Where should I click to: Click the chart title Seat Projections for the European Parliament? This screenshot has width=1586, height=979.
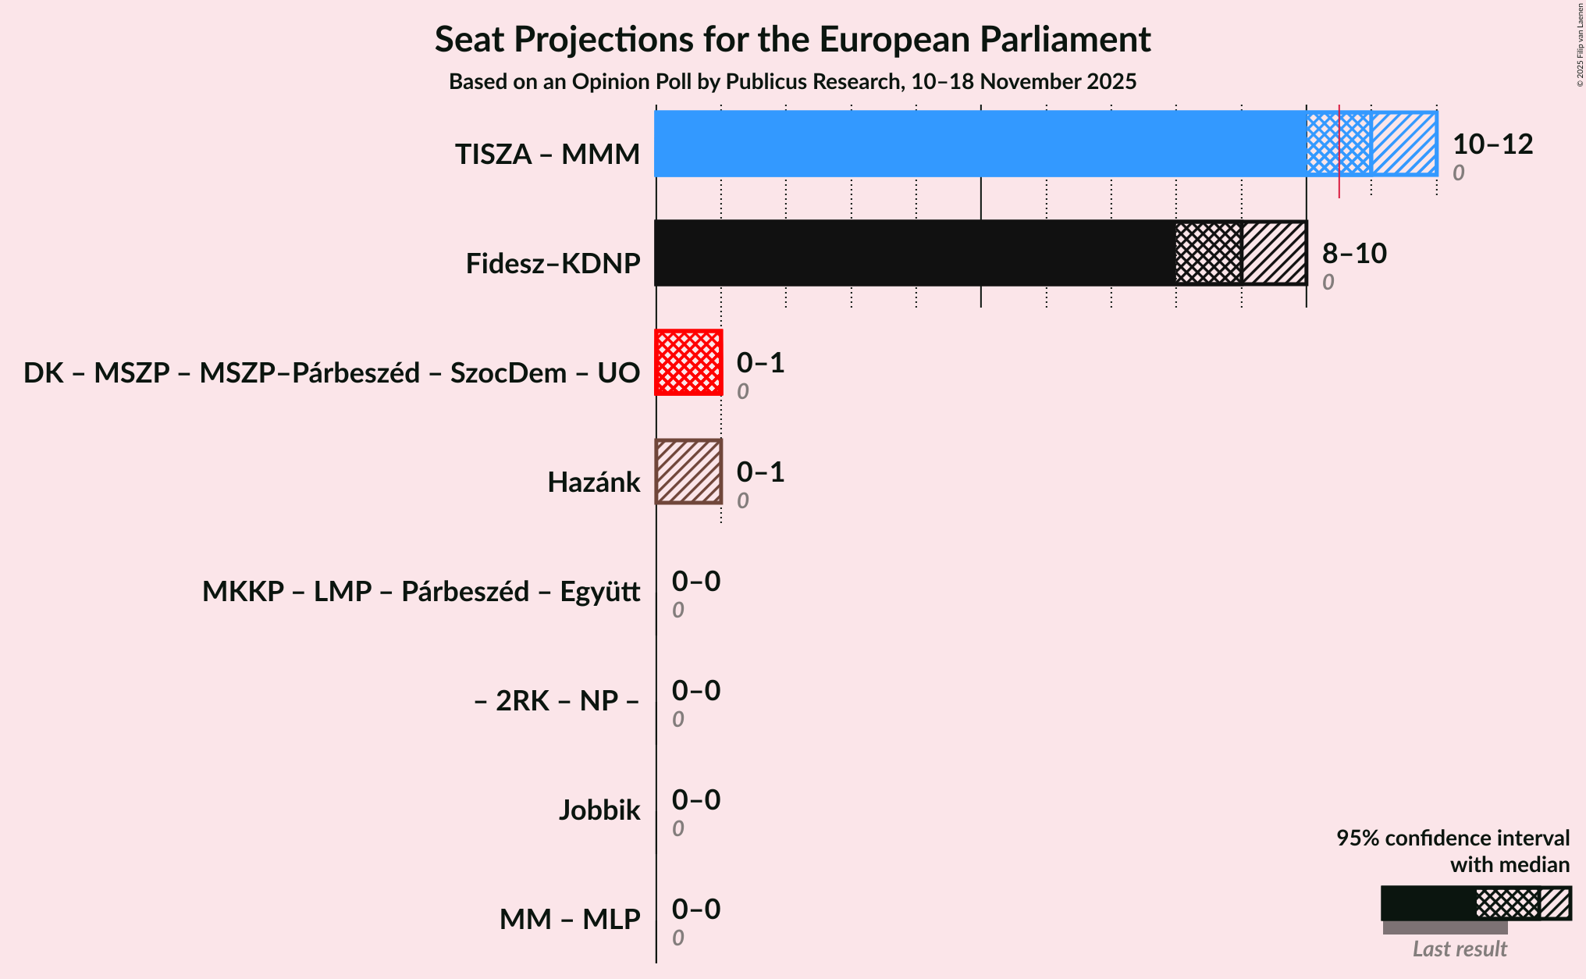point(792,39)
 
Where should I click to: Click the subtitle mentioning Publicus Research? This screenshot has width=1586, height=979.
point(792,82)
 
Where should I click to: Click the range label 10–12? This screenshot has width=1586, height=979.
point(1492,144)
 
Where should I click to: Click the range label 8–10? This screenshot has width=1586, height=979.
point(1354,254)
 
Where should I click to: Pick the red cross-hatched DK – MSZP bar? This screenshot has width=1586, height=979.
point(688,362)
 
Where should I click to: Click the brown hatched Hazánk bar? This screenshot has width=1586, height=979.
point(688,472)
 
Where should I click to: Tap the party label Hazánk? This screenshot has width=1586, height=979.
point(593,482)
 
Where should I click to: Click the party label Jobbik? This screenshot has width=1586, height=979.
point(599,810)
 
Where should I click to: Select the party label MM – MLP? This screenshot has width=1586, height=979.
point(570,920)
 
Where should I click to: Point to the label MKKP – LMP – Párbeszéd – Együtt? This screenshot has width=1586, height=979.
point(421,592)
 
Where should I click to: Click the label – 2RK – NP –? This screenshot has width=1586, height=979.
point(557,701)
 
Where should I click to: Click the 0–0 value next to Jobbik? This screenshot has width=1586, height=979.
point(696,800)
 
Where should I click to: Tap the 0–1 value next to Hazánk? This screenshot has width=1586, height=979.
point(760,472)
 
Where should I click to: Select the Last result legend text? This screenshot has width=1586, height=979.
point(1460,949)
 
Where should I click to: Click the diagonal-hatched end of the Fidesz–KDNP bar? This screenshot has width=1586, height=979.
point(1274,253)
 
